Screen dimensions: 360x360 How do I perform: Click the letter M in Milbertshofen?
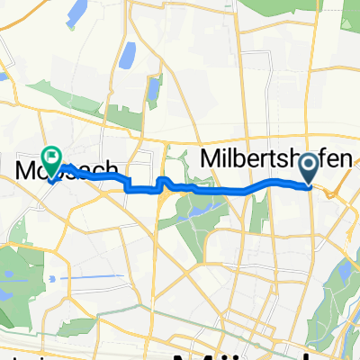coord(210,159)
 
